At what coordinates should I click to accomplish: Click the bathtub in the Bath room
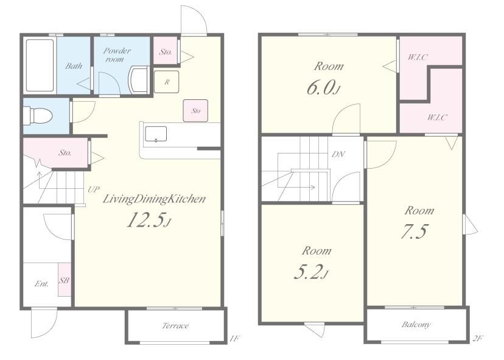pyautogui.click(x=40, y=65)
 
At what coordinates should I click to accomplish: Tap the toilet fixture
pyautogui.click(x=38, y=116)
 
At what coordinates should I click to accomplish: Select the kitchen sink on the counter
pyautogui.click(x=156, y=134)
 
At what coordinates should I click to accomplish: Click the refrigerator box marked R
pyautogui.click(x=167, y=82)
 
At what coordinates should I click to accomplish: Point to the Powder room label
pyautogui.click(x=117, y=55)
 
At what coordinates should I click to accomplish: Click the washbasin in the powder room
pyautogui.click(x=139, y=80)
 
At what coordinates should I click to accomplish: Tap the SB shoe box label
pyautogui.click(x=64, y=280)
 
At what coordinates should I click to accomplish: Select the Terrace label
pyautogui.click(x=175, y=326)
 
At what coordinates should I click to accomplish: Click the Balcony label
pyautogui.click(x=416, y=324)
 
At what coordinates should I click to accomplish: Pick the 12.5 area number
pyautogui.click(x=149, y=221)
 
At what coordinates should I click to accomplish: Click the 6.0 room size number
pyautogui.click(x=323, y=88)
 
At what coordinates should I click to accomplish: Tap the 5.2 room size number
pyautogui.click(x=311, y=272)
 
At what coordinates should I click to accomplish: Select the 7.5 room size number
pyautogui.click(x=415, y=231)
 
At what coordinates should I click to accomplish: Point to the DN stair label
pyautogui.click(x=338, y=155)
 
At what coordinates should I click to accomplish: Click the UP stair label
pyautogui.click(x=94, y=189)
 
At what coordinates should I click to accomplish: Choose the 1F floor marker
pyautogui.click(x=235, y=338)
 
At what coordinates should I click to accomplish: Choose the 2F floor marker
pyautogui.click(x=478, y=338)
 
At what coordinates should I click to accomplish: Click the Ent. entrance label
pyautogui.click(x=42, y=284)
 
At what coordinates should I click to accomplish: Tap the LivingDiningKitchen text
pyautogui.click(x=154, y=199)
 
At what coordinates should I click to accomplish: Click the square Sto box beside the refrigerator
pyautogui.click(x=195, y=111)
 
